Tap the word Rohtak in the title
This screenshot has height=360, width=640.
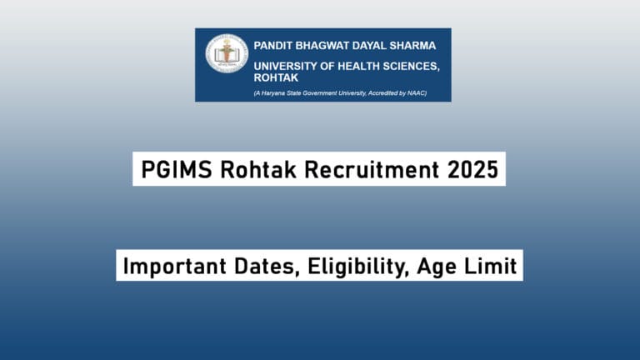pyautogui.click(x=256, y=169)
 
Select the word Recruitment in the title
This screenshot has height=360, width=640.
pyautogui.click(x=371, y=169)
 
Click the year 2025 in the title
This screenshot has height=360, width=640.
pyautogui.click(x=472, y=169)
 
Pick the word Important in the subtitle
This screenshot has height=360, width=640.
pyautogui.click(x=168, y=267)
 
